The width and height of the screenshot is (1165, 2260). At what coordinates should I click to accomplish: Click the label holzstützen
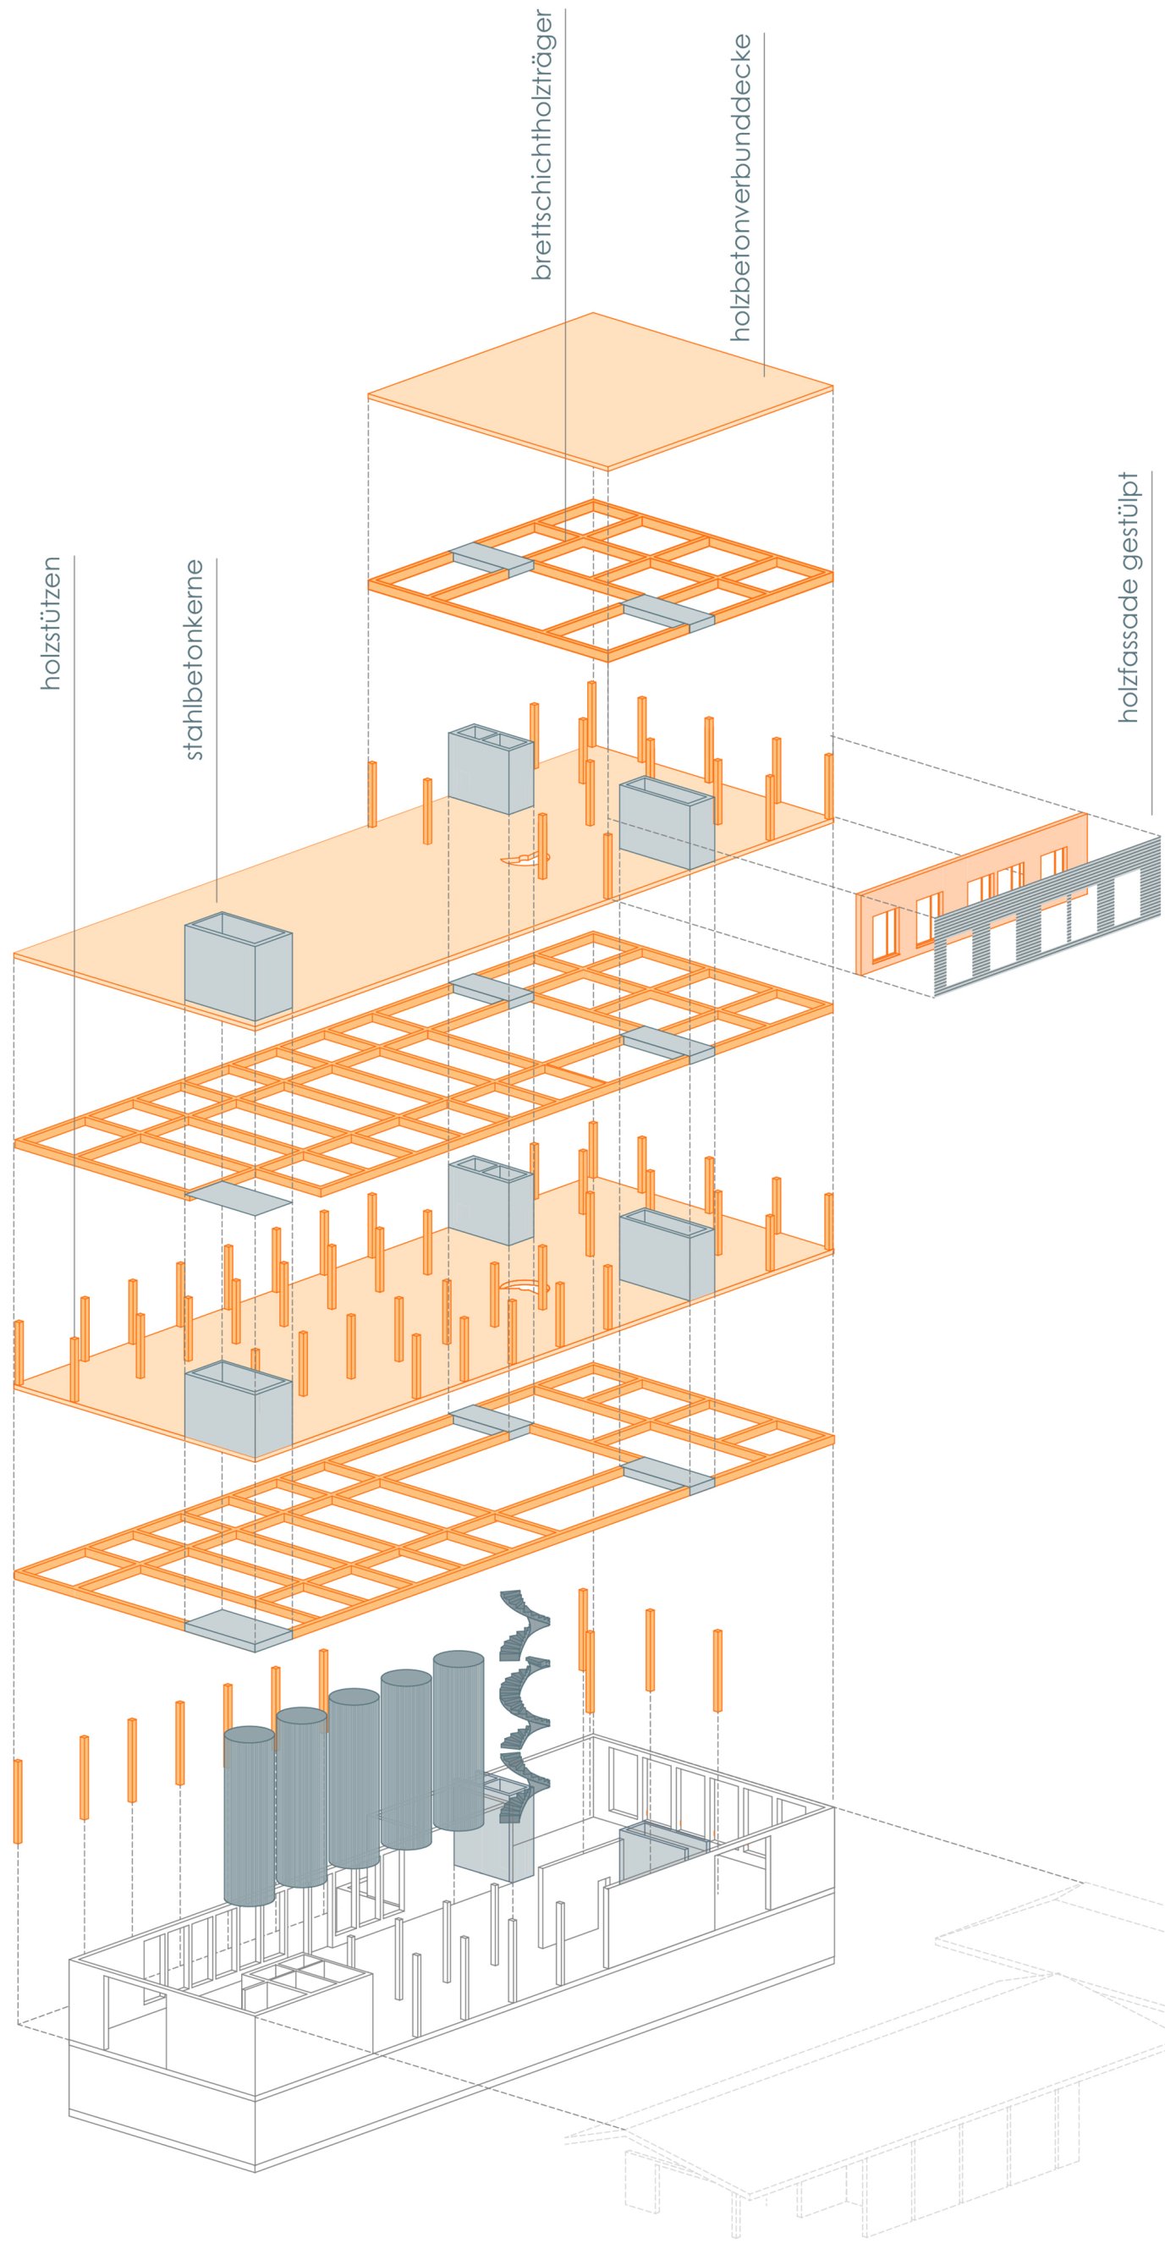pos(52,622)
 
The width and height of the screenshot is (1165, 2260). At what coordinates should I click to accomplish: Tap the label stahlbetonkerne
pos(194,659)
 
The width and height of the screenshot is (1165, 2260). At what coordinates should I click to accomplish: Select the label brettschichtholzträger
pos(542,145)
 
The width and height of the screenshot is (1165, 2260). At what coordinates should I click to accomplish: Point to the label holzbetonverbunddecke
pos(741,187)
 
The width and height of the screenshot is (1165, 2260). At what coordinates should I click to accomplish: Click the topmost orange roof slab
pos(600,390)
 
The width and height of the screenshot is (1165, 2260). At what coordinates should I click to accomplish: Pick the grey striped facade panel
pos(1048,917)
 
